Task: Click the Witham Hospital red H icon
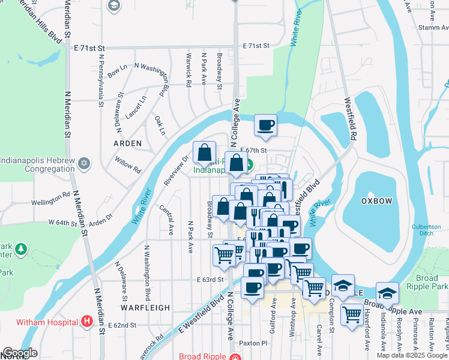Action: [x=88, y=322]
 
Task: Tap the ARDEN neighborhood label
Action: [x=128, y=143]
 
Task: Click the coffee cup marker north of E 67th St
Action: [x=265, y=125]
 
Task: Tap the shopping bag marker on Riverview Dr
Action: [x=204, y=152]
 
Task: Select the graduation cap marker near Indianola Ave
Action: [x=388, y=293]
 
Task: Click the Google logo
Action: [x=20, y=353]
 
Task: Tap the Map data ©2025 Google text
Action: [x=412, y=355]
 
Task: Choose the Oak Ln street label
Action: [x=160, y=125]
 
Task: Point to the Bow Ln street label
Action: [x=117, y=70]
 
